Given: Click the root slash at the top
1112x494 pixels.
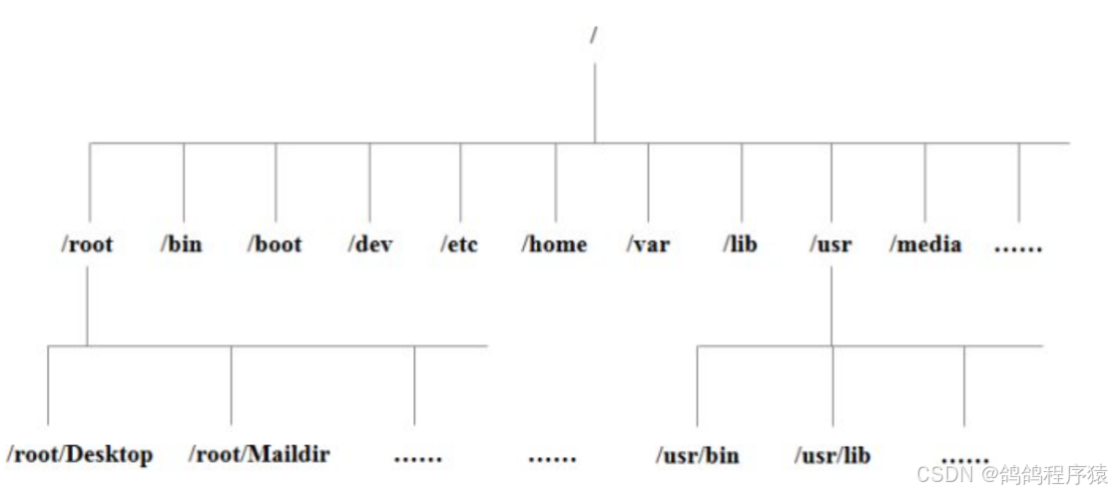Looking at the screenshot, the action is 594,35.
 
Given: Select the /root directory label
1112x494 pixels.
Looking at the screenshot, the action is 86,244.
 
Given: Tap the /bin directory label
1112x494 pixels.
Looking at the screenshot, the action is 181,244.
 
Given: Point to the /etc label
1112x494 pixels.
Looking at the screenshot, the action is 459,244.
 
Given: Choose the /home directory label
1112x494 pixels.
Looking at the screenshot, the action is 554,244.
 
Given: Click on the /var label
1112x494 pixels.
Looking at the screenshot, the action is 648,244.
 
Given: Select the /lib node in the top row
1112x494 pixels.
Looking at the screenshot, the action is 742,244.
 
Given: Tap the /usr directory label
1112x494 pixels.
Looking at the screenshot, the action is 831,244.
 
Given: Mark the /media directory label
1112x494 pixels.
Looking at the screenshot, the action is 925,244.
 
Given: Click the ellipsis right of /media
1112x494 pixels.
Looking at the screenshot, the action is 1018,247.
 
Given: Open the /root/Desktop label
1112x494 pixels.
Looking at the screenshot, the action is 80,455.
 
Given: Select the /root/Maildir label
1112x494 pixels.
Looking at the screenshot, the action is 260,455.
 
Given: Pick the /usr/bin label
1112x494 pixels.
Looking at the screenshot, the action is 697,456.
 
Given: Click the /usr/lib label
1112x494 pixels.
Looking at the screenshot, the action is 833,456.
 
